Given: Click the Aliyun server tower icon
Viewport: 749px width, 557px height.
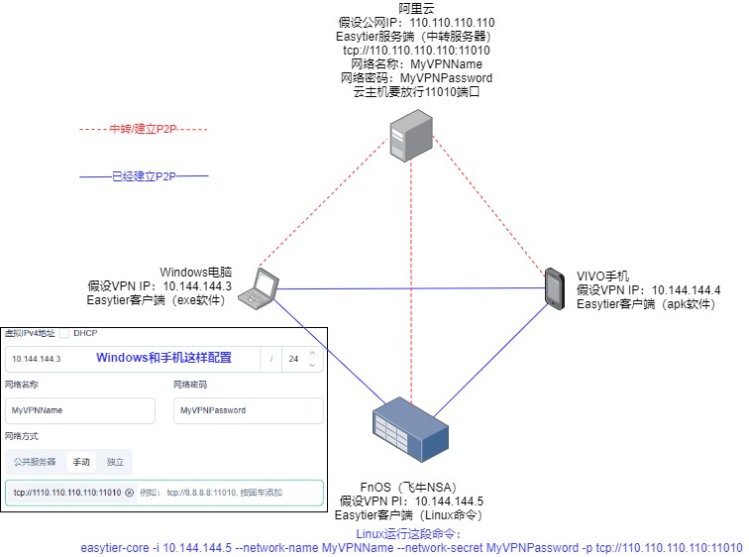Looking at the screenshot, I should [409, 135].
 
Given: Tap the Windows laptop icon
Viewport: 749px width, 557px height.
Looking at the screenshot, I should [263, 288].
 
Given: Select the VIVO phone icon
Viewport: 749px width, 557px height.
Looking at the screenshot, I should [554, 288].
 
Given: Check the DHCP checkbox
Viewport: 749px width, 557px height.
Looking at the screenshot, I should [64, 333].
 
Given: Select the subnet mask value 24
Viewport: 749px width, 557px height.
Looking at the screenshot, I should [293, 359].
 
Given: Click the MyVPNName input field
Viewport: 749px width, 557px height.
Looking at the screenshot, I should [79, 410].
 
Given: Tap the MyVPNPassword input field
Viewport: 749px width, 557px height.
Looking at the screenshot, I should [248, 410].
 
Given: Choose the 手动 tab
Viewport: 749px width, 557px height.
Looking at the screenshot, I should [80, 462].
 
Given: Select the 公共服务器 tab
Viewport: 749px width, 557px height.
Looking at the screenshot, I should [35, 462].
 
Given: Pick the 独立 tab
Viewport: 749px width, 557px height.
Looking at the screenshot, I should [115, 462].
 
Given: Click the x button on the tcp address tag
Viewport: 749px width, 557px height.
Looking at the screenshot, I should [129, 493].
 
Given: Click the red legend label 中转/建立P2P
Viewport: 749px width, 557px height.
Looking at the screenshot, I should [143, 129].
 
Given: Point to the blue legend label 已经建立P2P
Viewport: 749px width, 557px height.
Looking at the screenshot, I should [143, 176].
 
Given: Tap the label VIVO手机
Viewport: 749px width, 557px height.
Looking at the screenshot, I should [603, 276].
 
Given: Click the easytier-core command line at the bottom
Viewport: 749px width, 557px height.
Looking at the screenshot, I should [410, 547].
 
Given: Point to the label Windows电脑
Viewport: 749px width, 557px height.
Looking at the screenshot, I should [195, 272].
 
